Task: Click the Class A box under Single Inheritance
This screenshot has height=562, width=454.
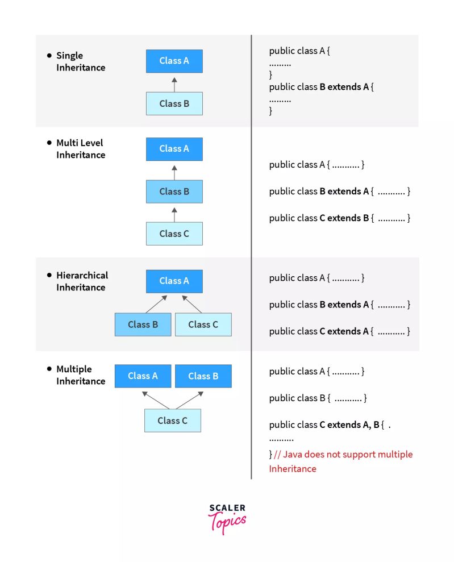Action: point(174,61)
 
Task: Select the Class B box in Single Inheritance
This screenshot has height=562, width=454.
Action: point(174,103)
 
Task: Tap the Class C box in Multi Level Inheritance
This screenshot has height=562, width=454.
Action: point(174,234)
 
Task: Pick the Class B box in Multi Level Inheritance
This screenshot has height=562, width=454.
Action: point(174,192)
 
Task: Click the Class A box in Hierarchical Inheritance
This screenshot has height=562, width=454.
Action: point(174,281)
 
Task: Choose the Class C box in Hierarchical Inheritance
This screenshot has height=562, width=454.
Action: point(203,324)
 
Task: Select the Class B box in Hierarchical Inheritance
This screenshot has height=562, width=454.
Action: point(143,324)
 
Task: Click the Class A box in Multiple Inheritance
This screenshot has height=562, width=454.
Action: point(143,376)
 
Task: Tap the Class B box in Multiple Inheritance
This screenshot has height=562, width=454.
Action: point(203,376)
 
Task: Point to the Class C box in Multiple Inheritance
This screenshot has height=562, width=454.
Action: point(172,421)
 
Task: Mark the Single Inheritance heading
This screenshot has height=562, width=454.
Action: point(81,61)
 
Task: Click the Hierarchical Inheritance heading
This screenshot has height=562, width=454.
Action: point(82,281)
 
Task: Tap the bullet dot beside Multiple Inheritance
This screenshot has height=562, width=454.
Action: point(49,368)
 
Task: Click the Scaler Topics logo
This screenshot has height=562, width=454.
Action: point(227,518)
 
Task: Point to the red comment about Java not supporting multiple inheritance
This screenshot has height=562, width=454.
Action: point(341,461)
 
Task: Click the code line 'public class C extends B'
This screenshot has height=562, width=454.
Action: point(339,218)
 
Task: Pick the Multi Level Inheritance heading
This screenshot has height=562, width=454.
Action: point(80,149)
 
